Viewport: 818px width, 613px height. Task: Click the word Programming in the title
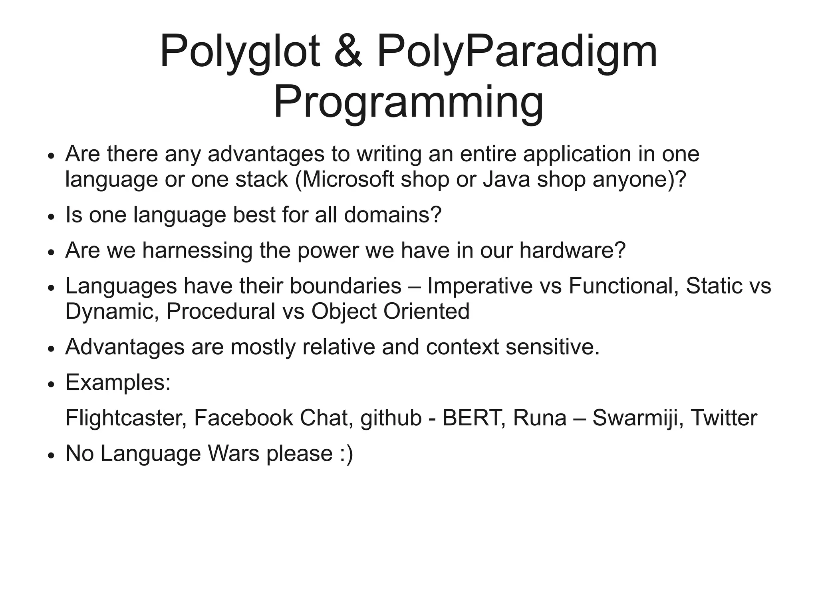point(408,102)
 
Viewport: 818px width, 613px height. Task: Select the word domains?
point(393,214)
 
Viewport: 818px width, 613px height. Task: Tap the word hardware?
point(572,250)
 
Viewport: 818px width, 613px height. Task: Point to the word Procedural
point(220,311)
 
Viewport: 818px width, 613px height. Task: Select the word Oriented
point(426,311)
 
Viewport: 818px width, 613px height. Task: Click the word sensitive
point(552,347)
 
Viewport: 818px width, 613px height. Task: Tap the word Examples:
point(118,382)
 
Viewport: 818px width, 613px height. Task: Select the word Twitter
point(724,418)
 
